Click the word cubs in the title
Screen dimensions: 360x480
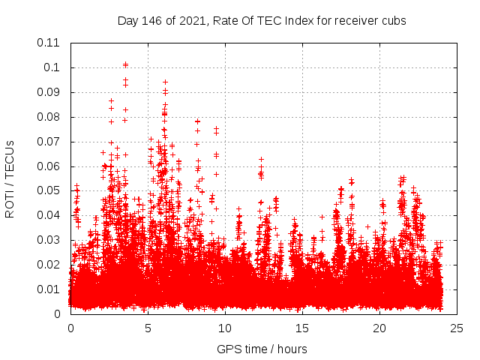click(x=393, y=21)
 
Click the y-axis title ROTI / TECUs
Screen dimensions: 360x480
click(x=10, y=178)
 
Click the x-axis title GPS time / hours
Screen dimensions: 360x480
click(x=262, y=349)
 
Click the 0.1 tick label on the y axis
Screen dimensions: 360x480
click(x=52, y=67)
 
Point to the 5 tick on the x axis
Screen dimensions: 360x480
click(x=148, y=328)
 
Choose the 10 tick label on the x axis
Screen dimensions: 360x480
click(x=225, y=328)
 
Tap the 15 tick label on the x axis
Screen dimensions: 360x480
click(x=302, y=328)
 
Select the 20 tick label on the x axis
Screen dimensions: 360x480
click(x=379, y=328)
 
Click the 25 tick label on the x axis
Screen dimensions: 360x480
click(x=457, y=328)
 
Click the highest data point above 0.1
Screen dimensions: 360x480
click(x=125, y=64)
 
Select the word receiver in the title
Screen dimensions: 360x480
click(x=355, y=21)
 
